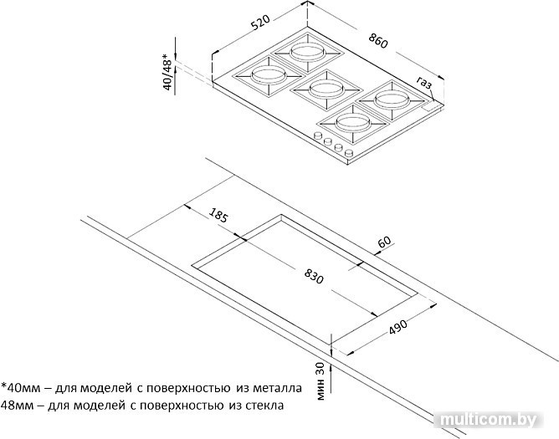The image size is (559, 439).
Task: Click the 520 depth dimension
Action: (260, 23)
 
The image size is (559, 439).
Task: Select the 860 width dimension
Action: (377, 40)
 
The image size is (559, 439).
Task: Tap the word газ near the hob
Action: (424, 83)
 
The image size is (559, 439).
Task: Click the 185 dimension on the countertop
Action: (218, 215)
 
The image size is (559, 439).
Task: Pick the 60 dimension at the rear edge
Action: (384, 242)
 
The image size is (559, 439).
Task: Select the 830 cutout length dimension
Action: (314, 276)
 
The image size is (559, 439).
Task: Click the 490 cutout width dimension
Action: (397, 327)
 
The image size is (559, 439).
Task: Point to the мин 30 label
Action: (321, 381)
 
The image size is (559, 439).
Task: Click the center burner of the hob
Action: (326, 89)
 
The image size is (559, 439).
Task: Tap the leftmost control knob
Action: (317, 135)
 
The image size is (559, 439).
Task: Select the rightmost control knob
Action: (349, 153)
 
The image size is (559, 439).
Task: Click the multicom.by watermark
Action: (488, 420)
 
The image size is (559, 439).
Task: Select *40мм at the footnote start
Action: (20, 388)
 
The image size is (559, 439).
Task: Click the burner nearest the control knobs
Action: (352, 123)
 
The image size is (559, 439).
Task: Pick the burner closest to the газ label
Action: (392, 100)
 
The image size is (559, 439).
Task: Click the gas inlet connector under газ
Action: (429, 107)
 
